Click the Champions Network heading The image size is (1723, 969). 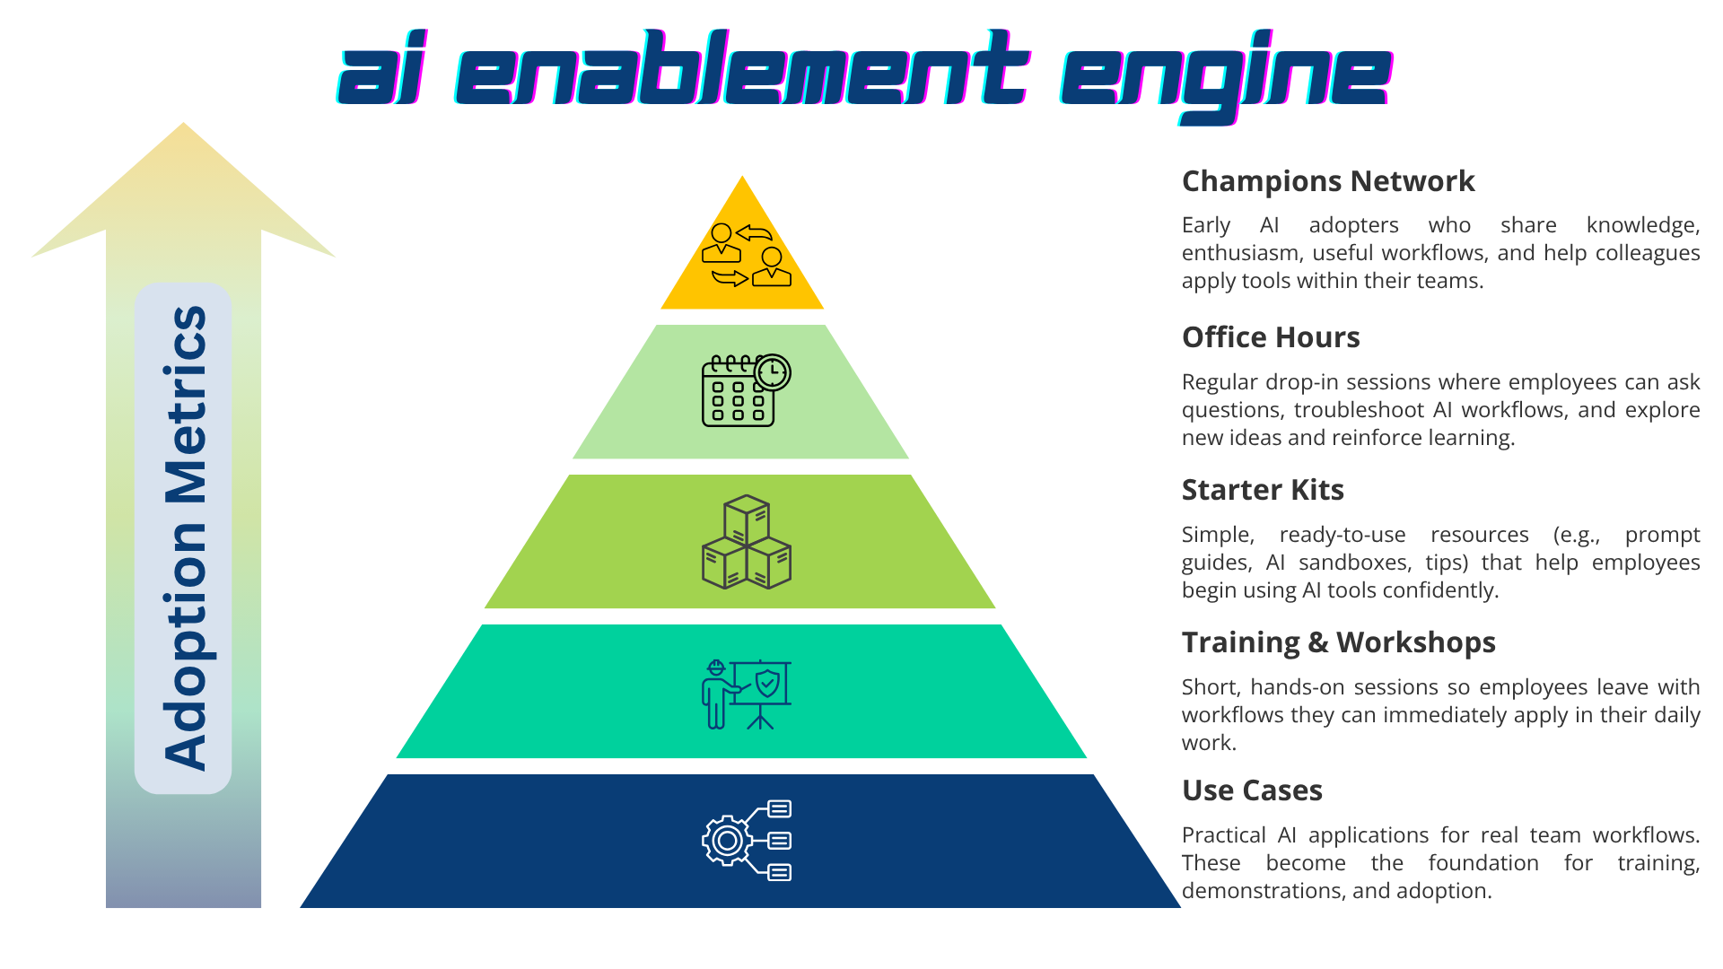(1327, 181)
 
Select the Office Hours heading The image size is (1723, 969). (1270, 337)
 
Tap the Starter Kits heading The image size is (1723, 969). (1262, 490)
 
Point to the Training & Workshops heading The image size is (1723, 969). (1338, 642)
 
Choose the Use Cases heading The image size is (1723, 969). (1252, 790)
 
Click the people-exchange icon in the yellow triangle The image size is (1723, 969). (746, 255)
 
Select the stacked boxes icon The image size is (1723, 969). (746, 542)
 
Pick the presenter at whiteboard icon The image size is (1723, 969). (746, 694)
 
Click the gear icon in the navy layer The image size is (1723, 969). (727, 841)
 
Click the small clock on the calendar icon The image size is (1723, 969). (773, 372)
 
